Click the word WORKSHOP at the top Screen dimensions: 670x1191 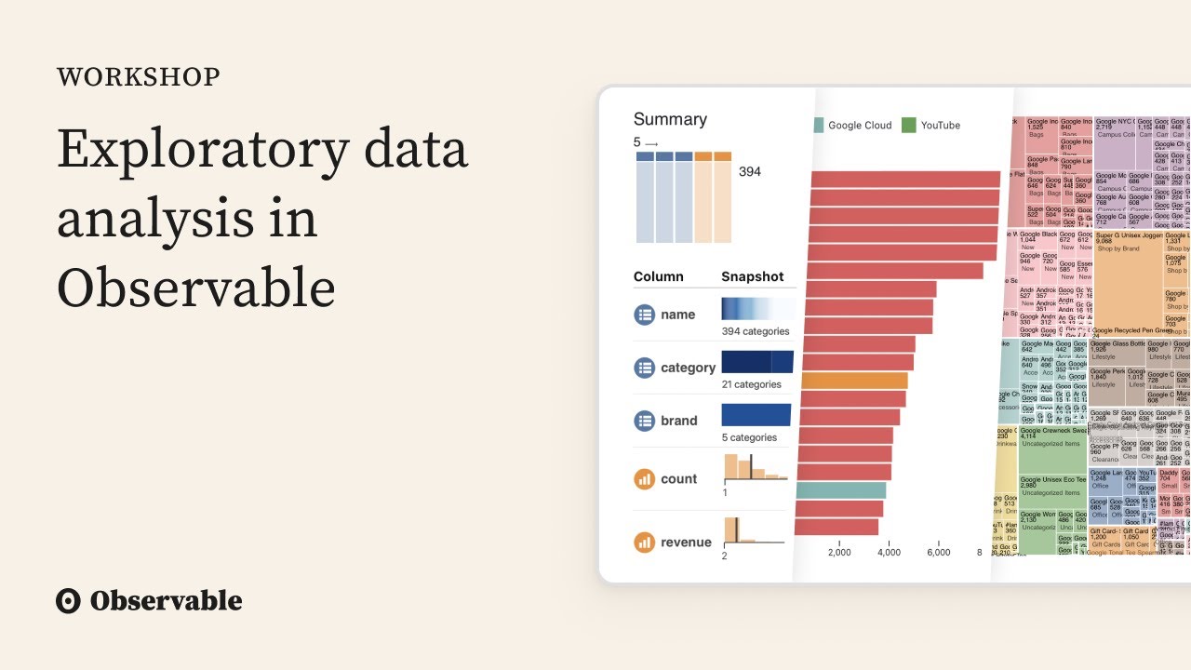point(139,77)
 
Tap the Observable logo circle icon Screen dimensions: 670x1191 point(69,601)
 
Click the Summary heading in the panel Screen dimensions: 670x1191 point(670,119)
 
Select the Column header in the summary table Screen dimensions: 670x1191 point(658,276)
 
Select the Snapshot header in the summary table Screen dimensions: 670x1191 point(752,276)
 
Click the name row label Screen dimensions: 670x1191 point(677,315)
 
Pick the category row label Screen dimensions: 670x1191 point(688,368)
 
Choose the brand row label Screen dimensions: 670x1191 point(678,421)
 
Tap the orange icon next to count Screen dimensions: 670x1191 point(645,479)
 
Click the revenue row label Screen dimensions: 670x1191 point(686,543)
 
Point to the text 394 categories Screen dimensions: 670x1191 point(756,331)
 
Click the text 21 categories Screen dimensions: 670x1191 point(752,384)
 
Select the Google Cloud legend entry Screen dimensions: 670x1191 point(859,126)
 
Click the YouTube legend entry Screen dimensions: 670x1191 point(940,126)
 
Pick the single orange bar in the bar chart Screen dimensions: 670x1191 point(854,380)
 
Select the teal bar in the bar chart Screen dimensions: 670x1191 point(841,490)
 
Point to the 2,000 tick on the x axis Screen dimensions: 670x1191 point(839,552)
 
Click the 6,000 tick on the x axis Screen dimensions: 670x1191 point(938,552)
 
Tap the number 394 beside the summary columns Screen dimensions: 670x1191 point(750,172)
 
